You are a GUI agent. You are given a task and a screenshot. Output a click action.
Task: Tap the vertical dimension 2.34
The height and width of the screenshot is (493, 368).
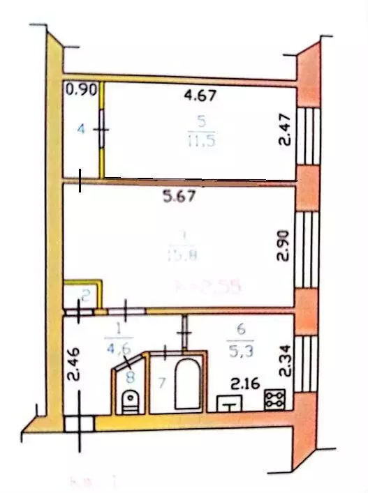(x=284, y=362)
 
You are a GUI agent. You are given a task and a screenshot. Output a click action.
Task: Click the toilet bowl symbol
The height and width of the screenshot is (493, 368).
(x=130, y=400)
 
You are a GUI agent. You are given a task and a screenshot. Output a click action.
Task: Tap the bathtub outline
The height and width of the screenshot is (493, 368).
(x=187, y=384)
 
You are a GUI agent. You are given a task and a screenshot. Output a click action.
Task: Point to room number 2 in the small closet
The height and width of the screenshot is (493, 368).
(x=84, y=296)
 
